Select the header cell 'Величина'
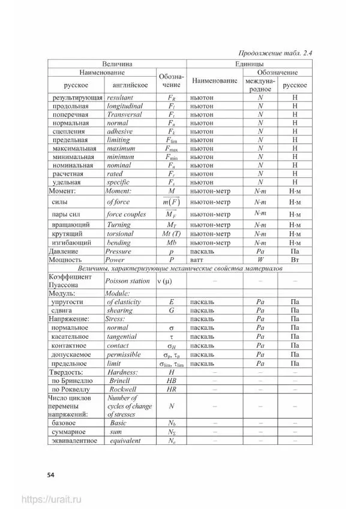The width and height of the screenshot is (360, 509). [x=116, y=63]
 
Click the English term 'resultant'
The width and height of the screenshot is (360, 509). [x=120, y=97]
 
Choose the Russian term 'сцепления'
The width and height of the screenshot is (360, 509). [x=68, y=131]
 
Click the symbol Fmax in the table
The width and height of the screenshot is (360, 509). [x=172, y=148]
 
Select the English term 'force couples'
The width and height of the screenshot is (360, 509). [x=127, y=214]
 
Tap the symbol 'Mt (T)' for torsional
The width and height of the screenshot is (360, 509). [x=172, y=234]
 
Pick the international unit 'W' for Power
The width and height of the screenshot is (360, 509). [x=260, y=260]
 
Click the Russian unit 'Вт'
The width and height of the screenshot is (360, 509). [x=295, y=260]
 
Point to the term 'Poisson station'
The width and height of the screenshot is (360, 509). [x=127, y=281]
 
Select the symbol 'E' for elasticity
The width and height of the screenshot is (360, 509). [x=172, y=302]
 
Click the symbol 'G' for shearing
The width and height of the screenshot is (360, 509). [x=172, y=311]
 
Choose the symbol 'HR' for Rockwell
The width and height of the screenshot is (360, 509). [x=172, y=389]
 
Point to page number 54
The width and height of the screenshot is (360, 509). [x=50, y=475]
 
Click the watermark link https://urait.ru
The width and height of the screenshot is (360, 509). [x=52, y=499]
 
